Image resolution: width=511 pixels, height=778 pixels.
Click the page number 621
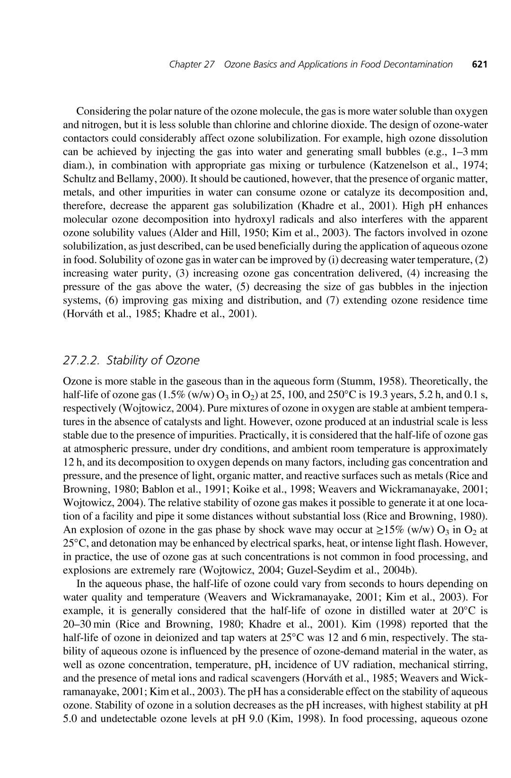click(x=479, y=64)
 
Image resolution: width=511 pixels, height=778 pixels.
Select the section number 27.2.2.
click(x=82, y=361)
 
